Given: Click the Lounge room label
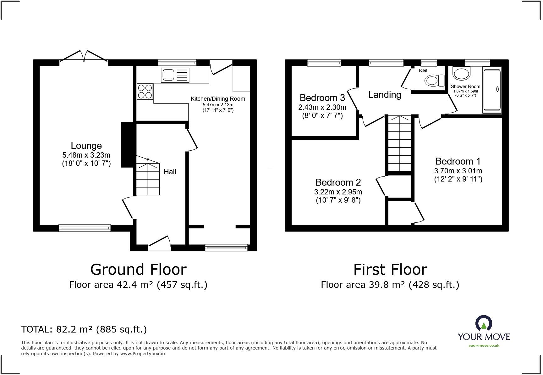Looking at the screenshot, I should (86, 146).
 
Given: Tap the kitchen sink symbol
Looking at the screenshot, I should (175, 75).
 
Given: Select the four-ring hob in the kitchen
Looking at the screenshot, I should (145, 91).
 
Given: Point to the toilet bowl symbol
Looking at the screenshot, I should (434, 81).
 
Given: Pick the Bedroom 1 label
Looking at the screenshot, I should (458, 161).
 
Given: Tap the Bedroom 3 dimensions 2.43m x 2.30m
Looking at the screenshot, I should (322, 107).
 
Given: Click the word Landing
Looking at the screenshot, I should (385, 95).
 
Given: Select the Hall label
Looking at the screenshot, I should (170, 172).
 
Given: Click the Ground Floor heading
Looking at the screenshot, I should (138, 270).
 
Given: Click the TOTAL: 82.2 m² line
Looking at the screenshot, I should (84, 329).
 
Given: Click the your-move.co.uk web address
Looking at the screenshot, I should (484, 345).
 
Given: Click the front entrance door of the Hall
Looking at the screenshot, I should (159, 244).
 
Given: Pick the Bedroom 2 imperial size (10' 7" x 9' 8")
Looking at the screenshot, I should (338, 200).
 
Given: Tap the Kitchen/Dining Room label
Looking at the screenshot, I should (218, 99).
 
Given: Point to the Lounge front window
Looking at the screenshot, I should (85, 228).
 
